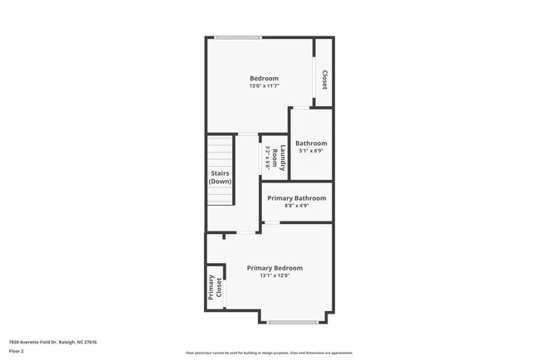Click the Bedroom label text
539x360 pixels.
(x=264, y=78)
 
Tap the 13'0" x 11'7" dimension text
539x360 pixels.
(x=264, y=86)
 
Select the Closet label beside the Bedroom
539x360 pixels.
(x=324, y=80)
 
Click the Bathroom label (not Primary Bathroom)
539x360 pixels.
(x=311, y=143)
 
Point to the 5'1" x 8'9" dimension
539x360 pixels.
(x=311, y=151)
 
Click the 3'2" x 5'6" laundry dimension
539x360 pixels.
(x=268, y=158)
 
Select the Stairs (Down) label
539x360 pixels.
(x=220, y=178)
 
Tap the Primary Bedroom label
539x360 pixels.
(x=274, y=268)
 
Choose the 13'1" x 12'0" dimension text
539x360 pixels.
(x=274, y=276)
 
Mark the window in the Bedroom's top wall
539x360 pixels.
(x=238, y=37)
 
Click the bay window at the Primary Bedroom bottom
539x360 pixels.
(x=292, y=322)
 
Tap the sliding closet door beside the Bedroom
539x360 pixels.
(x=313, y=80)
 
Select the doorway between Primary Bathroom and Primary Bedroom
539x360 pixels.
(x=271, y=222)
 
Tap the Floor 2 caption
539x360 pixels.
(x=17, y=351)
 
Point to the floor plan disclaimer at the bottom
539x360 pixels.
(x=269, y=353)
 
